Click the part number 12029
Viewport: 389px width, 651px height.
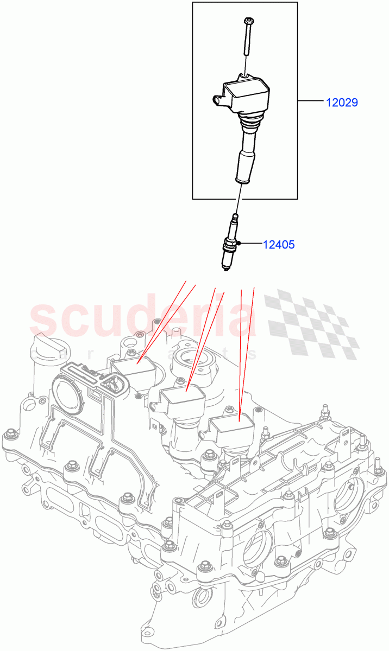coord(342,102)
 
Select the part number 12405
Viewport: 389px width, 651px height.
coord(279,245)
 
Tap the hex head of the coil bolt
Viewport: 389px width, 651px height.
coord(248,21)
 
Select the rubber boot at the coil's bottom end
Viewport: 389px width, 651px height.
coord(243,169)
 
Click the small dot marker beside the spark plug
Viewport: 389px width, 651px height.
coord(239,245)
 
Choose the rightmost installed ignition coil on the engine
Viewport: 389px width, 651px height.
coord(232,429)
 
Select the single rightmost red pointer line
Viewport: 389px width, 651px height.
coord(247,353)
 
